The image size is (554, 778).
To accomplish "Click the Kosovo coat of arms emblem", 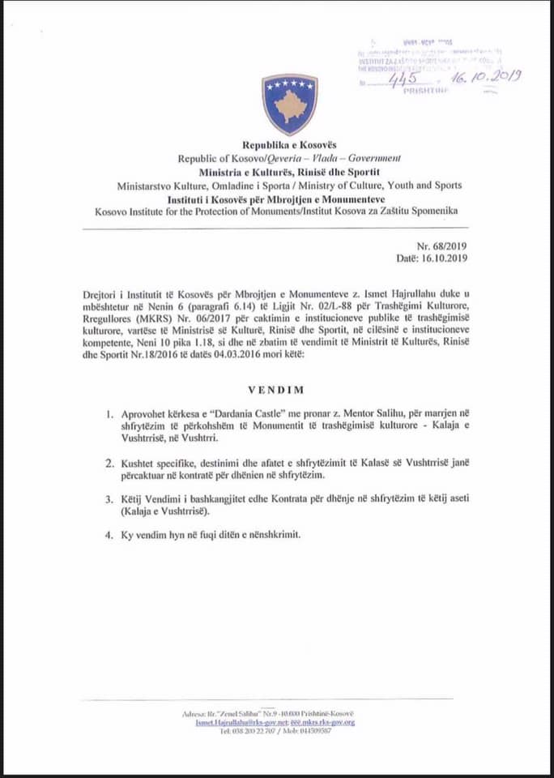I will point(289,105).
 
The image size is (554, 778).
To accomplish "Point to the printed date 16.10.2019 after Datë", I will point(449,258).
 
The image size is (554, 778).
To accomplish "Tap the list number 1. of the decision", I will point(110,414).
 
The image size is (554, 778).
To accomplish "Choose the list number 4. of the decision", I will point(110,535).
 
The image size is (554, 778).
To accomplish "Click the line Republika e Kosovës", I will point(289,147).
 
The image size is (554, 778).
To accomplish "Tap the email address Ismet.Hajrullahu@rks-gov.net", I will point(241,722).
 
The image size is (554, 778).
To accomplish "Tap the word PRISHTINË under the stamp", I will point(425,91).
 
